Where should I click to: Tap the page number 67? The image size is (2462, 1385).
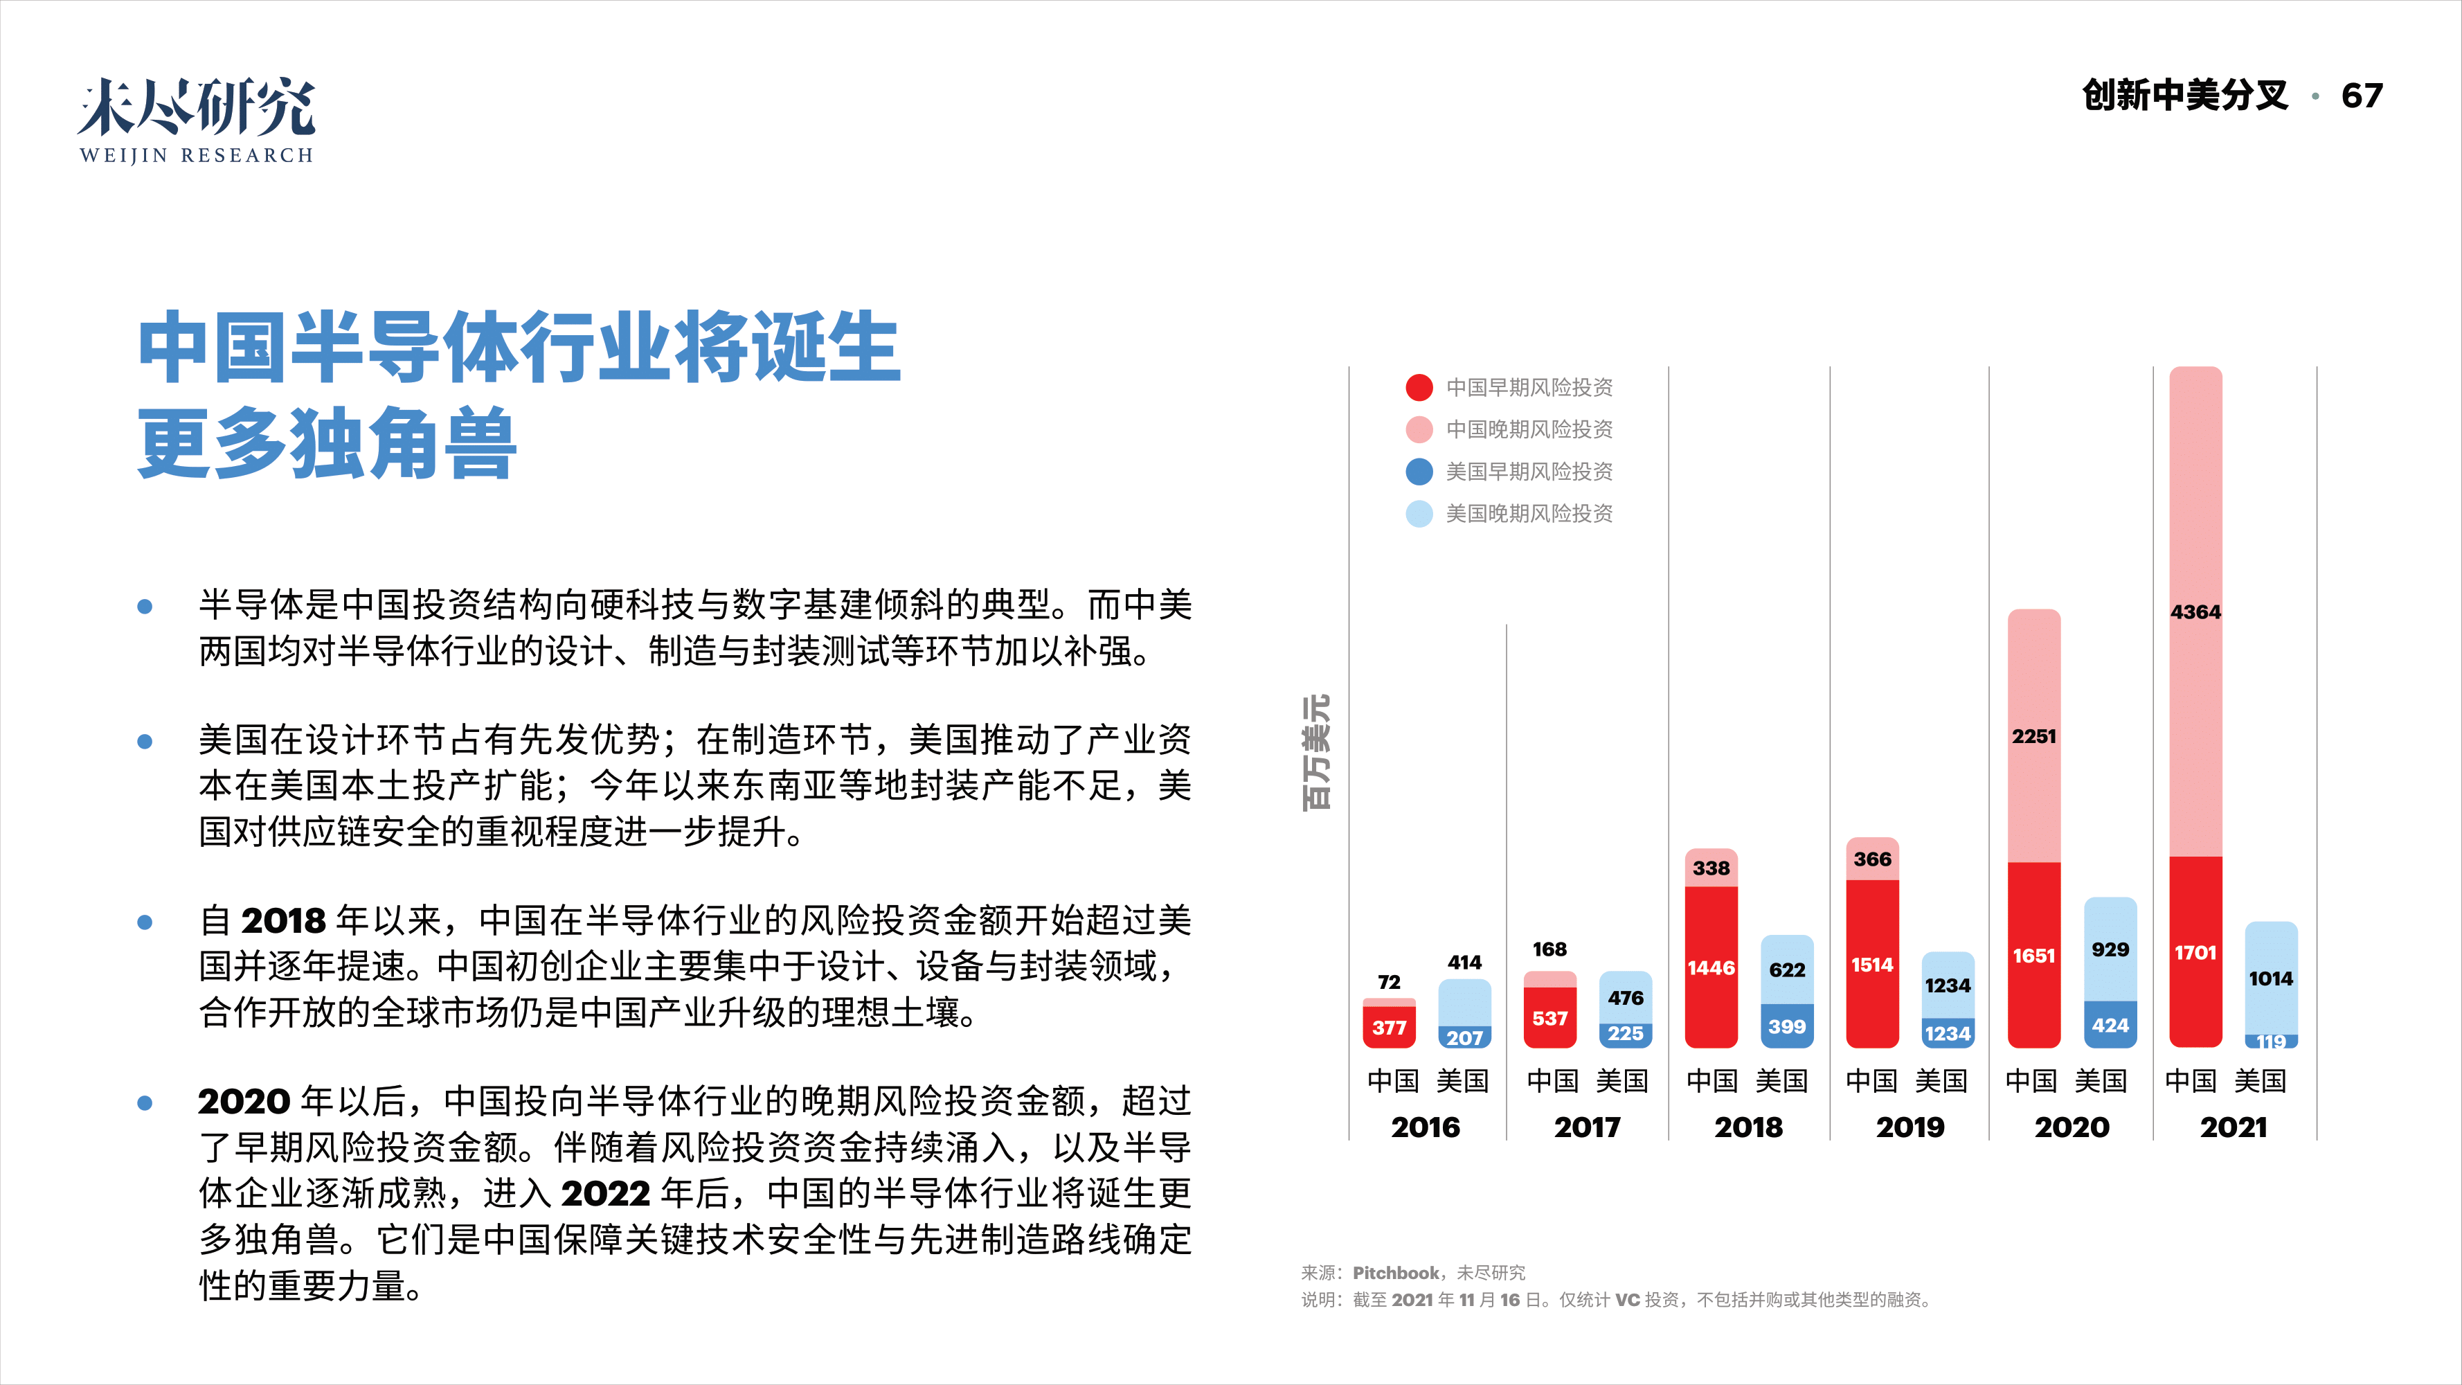[x=2362, y=96]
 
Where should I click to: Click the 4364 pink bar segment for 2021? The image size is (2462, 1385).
[x=2195, y=611]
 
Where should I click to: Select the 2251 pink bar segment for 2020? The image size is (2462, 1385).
[x=2034, y=736]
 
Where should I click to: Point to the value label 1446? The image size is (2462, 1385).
[x=1711, y=968]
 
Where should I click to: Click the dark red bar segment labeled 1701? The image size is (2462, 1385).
[x=2195, y=952]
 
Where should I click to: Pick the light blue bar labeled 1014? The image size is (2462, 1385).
[x=2271, y=978]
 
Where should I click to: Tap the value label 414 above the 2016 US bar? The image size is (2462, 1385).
[x=1464, y=963]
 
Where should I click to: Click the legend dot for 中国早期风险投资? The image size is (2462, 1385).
[x=1419, y=387]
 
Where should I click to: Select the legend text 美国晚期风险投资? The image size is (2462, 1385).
[x=1529, y=513]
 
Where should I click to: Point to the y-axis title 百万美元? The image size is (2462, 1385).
[x=1317, y=752]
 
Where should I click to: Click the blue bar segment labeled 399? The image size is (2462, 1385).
[x=1786, y=1026]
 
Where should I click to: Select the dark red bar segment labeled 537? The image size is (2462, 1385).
[x=1549, y=1018]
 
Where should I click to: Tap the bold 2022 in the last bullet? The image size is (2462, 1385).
[x=605, y=1194]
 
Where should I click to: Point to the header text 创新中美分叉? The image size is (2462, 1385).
[x=2185, y=96]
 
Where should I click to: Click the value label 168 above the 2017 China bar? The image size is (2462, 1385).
[x=1549, y=949]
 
